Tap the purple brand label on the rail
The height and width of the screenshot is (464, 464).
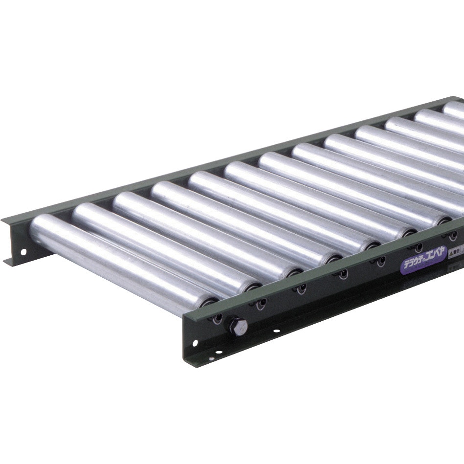point(423,264)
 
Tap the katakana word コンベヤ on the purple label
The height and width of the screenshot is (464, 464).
point(433,262)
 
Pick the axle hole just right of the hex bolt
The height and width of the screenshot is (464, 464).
point(261,303)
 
